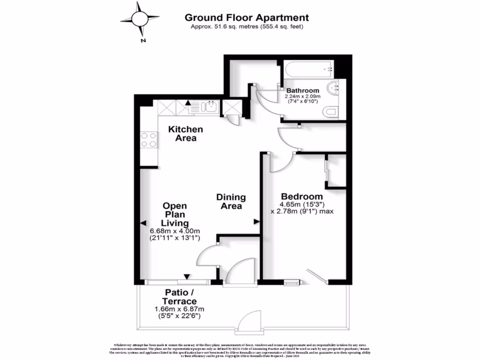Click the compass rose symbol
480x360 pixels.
click(x=139, y=19)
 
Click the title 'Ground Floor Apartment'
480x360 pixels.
click(x=247, y=18)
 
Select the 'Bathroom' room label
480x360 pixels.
click(x=303, y=90)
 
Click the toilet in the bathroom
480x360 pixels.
click(x=330, y=112)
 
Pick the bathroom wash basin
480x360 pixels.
click(x=335, y=87)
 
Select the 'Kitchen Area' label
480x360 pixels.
click(x=186, y=134)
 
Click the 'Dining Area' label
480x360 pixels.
click(x=231, y=202)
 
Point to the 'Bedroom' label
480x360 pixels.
click(x=302, y=196)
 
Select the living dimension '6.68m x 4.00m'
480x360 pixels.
click(x=175, y=231)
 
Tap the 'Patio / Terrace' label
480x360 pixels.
click(x=180, y=297)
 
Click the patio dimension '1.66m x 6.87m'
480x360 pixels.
click(x=180, y=309)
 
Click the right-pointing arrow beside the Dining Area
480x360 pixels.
click(x=256, y=221)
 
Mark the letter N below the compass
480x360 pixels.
click(x=142, y=40)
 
